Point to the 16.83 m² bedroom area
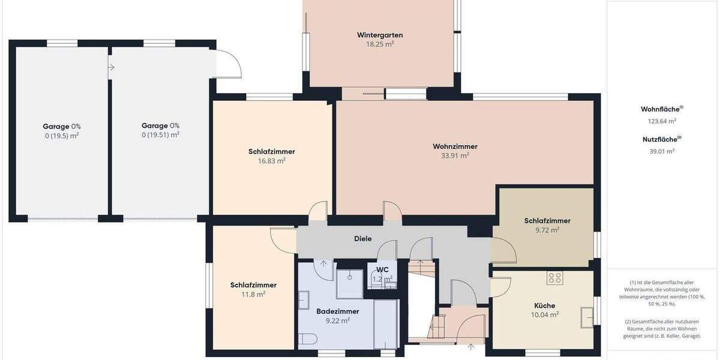pyautogui.click(x=271, y=161)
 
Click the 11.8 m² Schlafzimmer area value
pyautogui.click(x=253, y=294)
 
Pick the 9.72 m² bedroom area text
pyautogui.click(x=547, y=230)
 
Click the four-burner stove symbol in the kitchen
pyautogui.click(x=554, y=278)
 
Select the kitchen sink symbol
pyautogui.click(x=587, y=316)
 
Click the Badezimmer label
pyautogui.click(x=337, y=311)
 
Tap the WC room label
pyautogui.click(x=382, y=269)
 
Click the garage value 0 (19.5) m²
pyautogui.click(x=62, y=135)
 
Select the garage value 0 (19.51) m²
pyautogui.click(x=160, y=135)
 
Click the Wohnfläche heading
pyautogui.click(x=661, y=109)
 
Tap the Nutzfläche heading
pyautogui.click(x=661, y=139)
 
